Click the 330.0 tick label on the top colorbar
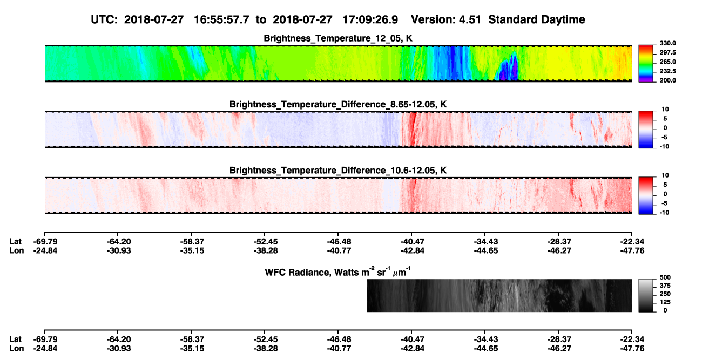(x=667, y=43)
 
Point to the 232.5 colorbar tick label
(x=667, y=71)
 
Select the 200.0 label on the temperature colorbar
(x=667, y=80)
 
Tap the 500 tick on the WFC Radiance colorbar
(x=665, y=277)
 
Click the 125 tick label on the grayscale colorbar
(x=665, y=302)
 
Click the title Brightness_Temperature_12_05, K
(x=338, y=38)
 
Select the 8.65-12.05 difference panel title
(x=338, y=104)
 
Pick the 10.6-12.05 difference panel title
(x=338, y=171)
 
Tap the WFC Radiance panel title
(x=338, y=272)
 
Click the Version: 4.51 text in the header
(x=446, y=19)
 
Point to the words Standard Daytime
(x=537, y=19)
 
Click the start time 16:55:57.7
(x=221, y=19)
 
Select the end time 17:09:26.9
(x=370, y=19)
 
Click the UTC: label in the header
(x=104, y=19)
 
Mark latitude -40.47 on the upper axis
(x=413, y=242)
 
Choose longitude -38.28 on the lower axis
(x=266, y=349)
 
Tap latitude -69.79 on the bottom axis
(x=45, y=339)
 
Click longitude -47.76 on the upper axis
(x=632, y=250)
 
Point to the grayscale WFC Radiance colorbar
(x=646, y=295)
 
